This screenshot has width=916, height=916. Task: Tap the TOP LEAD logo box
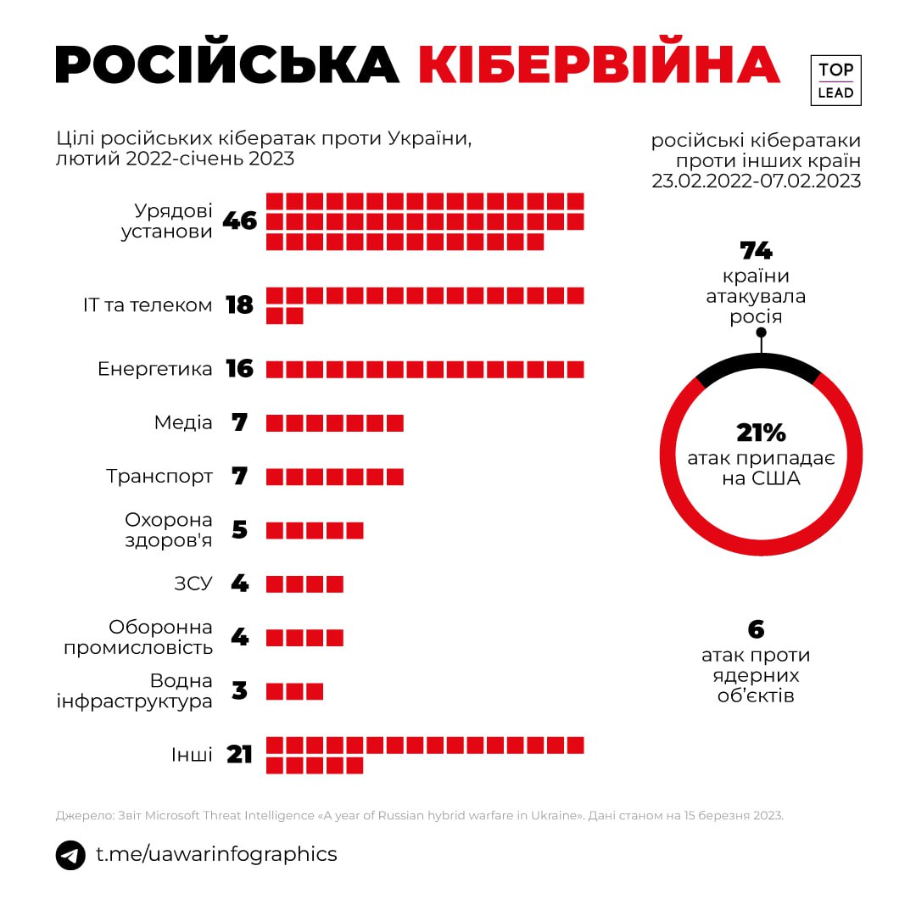point(835,81)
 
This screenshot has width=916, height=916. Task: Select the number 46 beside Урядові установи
point(239,221)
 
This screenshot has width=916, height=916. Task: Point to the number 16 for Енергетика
point(240,369)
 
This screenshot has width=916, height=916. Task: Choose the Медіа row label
point(183,422)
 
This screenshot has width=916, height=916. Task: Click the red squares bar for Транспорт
point(335,476)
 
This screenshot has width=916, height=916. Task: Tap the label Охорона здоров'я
point(169,529)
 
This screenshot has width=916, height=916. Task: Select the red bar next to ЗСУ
point(304,584)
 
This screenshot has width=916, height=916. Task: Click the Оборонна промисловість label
point(160,637)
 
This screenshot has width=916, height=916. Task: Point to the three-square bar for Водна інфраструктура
point(295,691)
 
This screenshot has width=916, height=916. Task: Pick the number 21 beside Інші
point(240,754)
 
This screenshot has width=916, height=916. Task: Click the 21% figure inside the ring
point(761,433)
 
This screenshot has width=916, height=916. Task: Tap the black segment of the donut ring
point(758,365)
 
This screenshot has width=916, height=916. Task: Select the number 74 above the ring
point(757,251)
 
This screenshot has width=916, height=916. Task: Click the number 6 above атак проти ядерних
point(756,629)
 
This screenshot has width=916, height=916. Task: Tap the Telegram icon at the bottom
point(70,854)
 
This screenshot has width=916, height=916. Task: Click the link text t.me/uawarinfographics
point(216,854)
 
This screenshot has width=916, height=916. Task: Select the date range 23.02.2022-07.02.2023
point(757,181)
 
